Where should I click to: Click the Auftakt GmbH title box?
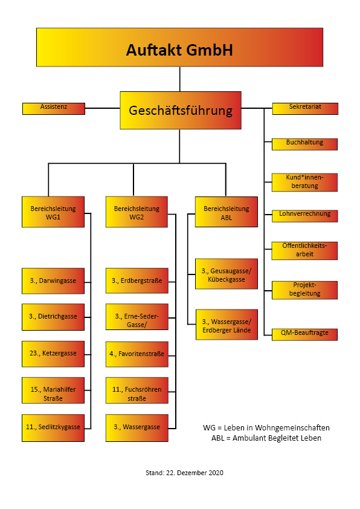[179, 47]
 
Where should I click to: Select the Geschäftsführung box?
[181, 111]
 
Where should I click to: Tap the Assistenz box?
[54, 109]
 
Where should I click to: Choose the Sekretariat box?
[305, 109]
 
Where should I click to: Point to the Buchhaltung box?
[304, 144]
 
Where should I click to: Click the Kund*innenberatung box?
[304, 183]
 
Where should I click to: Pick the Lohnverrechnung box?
[304, 216]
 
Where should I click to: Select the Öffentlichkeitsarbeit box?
[304, 251]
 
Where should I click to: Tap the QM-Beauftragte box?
[304, 334]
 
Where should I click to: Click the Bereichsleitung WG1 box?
[53, 212]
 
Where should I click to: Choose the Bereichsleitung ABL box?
[227, 212]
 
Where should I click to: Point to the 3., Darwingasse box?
[53, 280]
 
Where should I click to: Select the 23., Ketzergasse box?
[53, 354]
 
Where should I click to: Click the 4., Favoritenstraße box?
[137, 354]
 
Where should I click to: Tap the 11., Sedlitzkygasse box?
[53, 428]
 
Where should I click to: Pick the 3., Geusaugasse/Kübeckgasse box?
[227, 274]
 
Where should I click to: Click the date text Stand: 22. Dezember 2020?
[185, 473]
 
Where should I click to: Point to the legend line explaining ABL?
[266, 438]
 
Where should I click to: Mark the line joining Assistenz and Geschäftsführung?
[103, 108]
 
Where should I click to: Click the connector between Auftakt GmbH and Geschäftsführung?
[179, 79]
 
